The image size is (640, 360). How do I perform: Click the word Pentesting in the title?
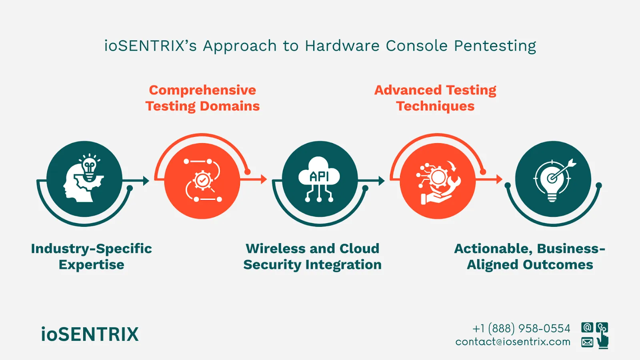point(495,46)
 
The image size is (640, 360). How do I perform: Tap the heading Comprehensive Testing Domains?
point(202,98)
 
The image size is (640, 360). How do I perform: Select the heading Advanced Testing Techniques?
point(435,98)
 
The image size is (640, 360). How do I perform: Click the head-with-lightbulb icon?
point(84,179)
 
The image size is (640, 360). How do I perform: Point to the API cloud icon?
point(319,179)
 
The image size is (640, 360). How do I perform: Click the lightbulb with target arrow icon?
point(553,179)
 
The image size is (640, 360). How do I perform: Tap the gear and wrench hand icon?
point(438,181)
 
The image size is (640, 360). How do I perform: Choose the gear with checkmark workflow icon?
point(202,181)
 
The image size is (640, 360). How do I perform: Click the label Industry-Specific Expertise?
point(91,256)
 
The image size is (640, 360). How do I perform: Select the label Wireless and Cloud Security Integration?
point(312,256)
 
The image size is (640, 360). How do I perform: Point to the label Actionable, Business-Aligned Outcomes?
point(530,256)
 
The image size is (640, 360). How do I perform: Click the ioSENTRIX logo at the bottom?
point(90,334)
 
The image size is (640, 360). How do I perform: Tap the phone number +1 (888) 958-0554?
point(521,328)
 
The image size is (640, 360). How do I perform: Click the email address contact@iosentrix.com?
point(513,342)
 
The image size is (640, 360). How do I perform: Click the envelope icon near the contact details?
point(587,342)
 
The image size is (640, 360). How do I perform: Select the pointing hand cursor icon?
point(602,341)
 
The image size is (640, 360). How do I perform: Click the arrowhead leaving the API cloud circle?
point(382,181)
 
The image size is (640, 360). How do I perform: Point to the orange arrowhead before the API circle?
point(264,179)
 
